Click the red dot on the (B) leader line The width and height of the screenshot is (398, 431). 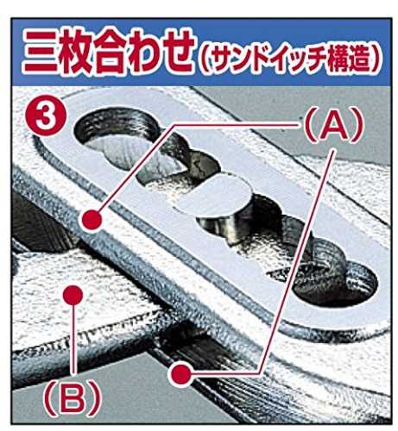(x=73, y=295)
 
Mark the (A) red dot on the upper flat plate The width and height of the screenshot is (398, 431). (x=92, y=220)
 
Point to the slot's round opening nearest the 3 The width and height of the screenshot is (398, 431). (x=115, y=135)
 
